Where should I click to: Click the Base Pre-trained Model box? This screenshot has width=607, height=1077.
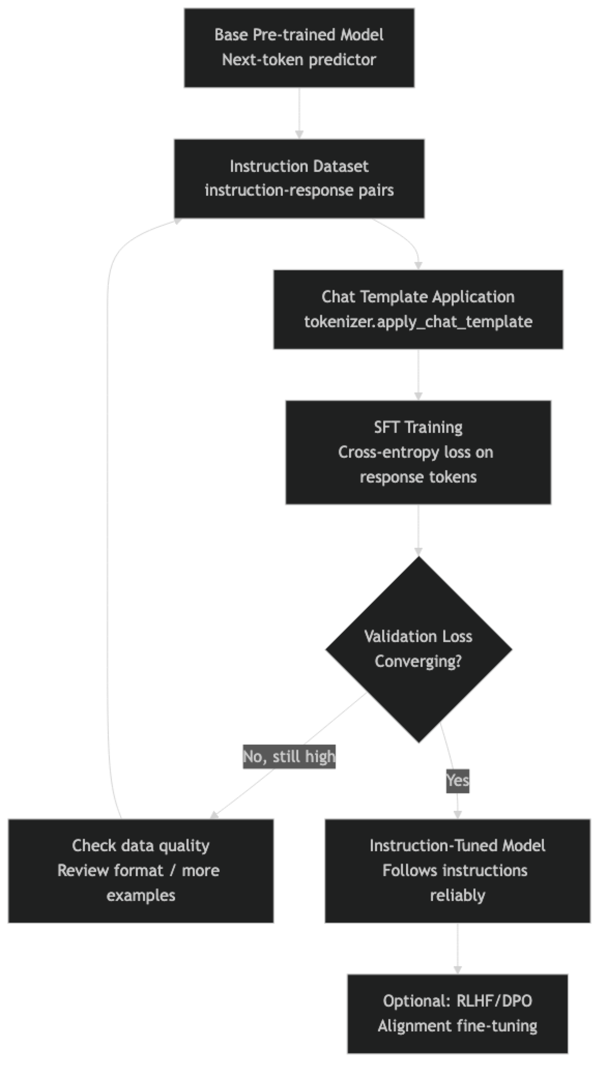point(299,48)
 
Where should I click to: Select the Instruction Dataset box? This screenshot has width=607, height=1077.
point(299,178)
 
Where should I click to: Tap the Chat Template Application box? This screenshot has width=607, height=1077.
point(418,309)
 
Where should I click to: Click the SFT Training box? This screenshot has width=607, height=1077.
point(418,452)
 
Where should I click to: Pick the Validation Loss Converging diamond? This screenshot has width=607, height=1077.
point(418,649)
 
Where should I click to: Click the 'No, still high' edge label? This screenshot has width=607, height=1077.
point(289,756)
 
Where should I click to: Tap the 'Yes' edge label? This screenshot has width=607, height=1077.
point(457,780)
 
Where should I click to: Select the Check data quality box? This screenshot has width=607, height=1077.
point(140,870)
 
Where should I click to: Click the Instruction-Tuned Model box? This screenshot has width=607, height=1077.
point(457,870)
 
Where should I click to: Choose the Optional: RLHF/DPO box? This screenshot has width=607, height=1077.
point(457,1013)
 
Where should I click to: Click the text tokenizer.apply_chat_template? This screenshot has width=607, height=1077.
point(418,322)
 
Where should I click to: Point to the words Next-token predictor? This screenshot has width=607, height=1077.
point(299,60)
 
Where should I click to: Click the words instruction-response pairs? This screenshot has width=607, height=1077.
point(299,191)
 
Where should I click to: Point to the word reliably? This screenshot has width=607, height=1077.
point(457,895)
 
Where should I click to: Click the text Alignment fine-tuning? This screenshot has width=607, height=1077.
point(457,1026)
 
